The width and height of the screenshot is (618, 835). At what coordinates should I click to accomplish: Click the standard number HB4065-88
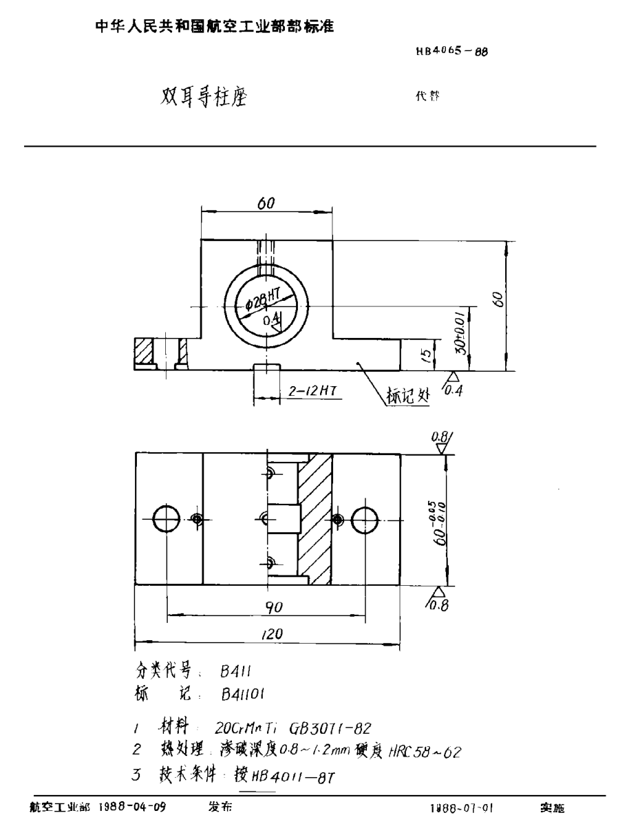448,52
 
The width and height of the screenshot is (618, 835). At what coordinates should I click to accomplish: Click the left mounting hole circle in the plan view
167,520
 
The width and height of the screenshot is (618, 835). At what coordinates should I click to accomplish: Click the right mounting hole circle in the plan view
365,520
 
